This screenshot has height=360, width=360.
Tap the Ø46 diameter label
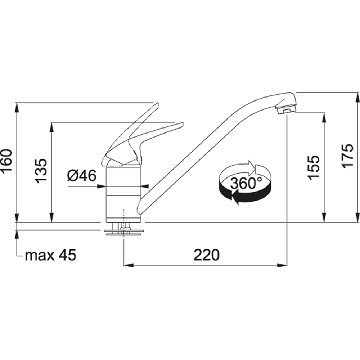click(82, 176)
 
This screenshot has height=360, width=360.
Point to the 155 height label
click(313, 167)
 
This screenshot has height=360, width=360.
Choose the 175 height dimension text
click(347, 156)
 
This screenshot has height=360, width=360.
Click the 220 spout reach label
click(207, 255)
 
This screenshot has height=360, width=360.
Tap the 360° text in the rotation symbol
click(246, 183)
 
